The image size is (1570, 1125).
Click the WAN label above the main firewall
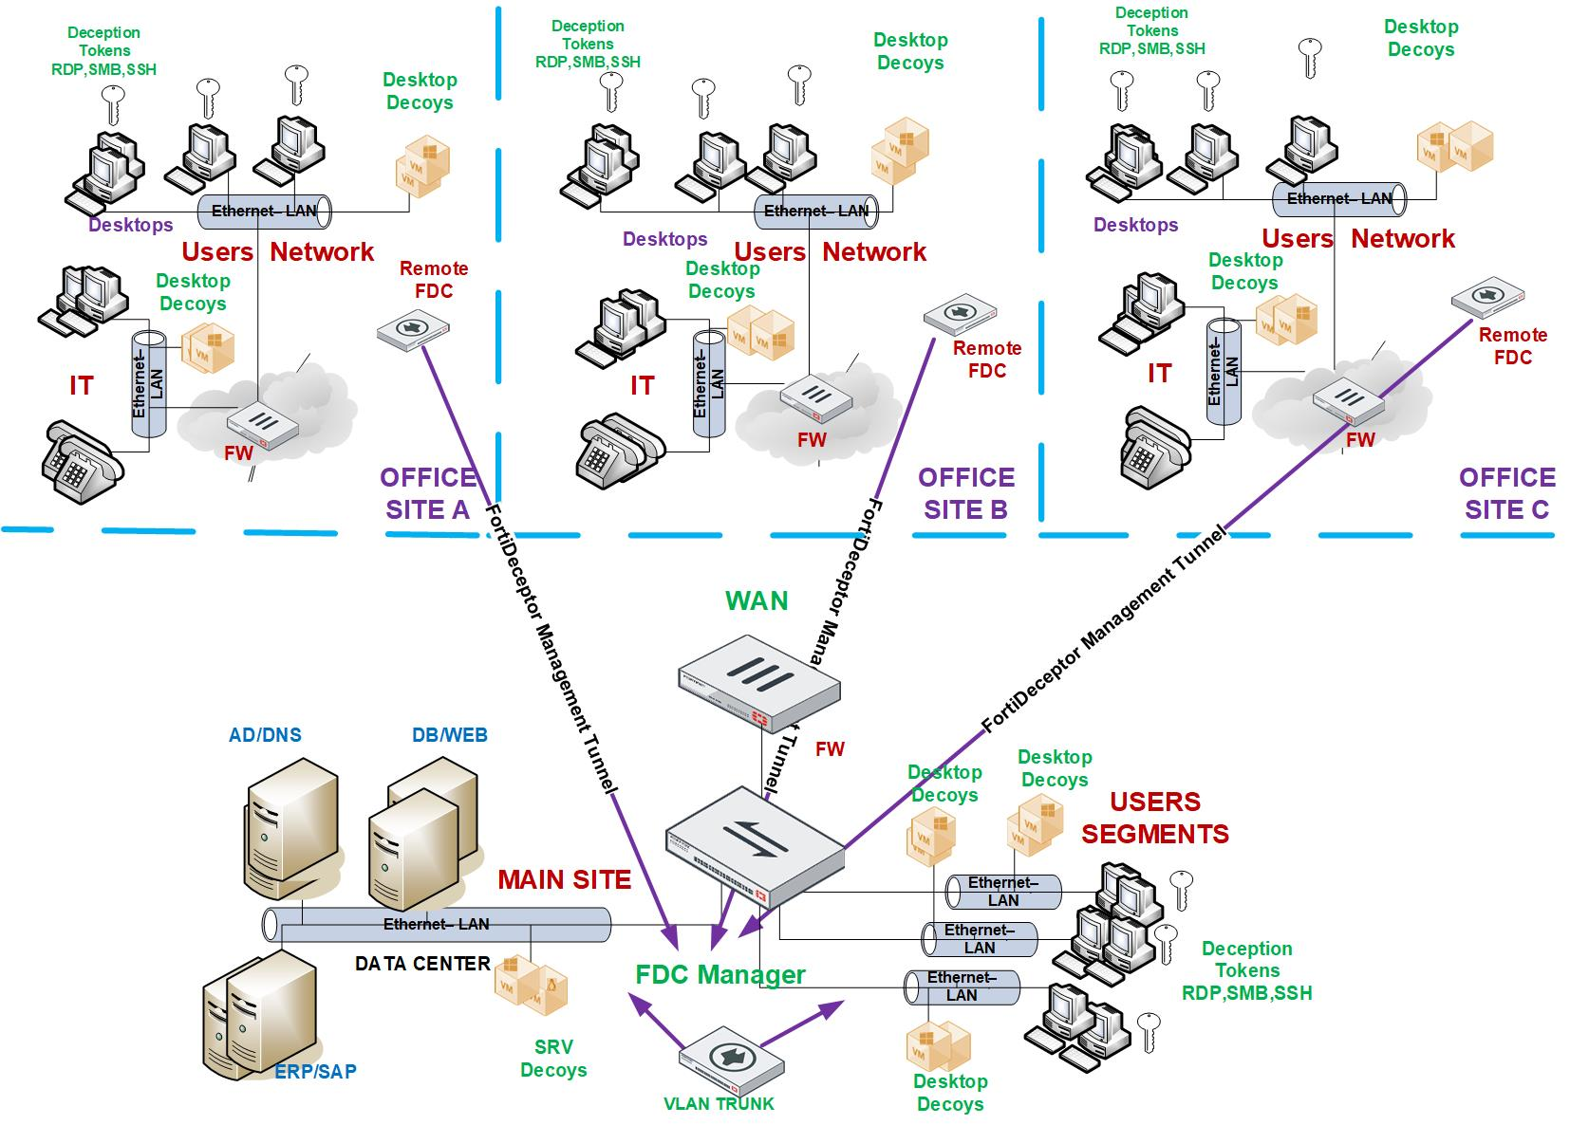click(x=757, y=600)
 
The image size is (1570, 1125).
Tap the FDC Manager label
click(x=720, y=974)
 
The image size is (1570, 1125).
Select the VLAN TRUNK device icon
click(x=731, y=1061)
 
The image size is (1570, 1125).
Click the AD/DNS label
click(x=265, y=735)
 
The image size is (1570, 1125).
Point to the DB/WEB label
click(x=449, y=735)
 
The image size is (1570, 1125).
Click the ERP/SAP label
click(x=315, y=1071)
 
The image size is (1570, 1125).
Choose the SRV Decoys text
click(x=553, y=1059)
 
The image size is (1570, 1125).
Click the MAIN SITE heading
click(x=564, y=879)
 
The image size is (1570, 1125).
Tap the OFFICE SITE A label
click(x=428, y=493)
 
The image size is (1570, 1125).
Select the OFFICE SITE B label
click(x=966, y=493)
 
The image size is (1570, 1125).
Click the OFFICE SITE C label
click(x=1506, y=493)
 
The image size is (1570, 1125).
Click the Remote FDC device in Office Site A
click(x=412, y=329)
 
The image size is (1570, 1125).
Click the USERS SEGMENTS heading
click(x=1154, y=818)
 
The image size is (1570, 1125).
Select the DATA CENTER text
click(x=422, y=964)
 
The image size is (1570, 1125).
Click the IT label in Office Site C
click(x=1159, y=373)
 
